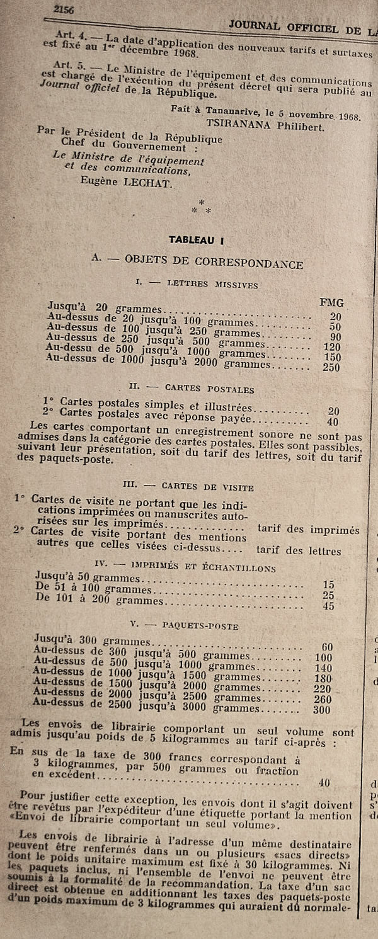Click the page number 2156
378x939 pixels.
coord(64,8)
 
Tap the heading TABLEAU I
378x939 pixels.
coord(197,239)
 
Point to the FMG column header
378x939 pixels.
coord(331,302)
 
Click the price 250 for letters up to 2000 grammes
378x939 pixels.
coord(331,368)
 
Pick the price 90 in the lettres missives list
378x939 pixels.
coord(335,338)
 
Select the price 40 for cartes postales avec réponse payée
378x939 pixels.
coord(333,422)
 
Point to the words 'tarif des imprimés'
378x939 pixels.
coord(308,530)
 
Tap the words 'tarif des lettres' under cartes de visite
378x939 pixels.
coord(299,550)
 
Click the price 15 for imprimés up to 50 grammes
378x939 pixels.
coord(328,584)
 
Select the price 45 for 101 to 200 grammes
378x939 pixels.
coord(328,606)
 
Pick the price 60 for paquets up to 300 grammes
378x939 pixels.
coord(327,646)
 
